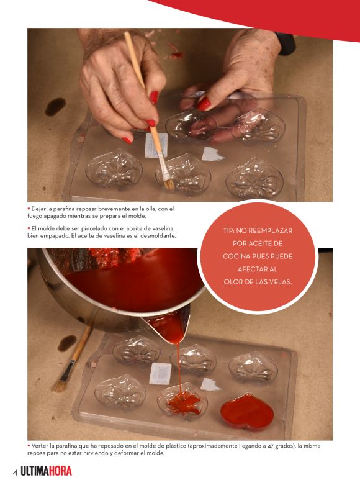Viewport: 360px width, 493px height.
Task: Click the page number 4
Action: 15,473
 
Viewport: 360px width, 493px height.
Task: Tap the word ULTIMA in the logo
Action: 35,471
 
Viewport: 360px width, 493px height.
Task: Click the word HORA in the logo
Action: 60,471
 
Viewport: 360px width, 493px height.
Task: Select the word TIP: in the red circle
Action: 228,230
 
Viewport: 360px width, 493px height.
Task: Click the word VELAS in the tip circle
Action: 280,282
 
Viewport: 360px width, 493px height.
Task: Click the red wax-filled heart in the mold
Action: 247,411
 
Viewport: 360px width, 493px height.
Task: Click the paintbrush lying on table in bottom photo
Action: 71,359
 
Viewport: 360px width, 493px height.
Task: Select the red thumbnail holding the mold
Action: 204,104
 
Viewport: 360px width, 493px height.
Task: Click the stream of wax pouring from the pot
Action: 179,368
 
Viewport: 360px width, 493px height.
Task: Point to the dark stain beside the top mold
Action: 55,107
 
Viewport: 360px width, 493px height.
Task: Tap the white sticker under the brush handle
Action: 156,145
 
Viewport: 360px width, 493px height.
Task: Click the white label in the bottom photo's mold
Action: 160,374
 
